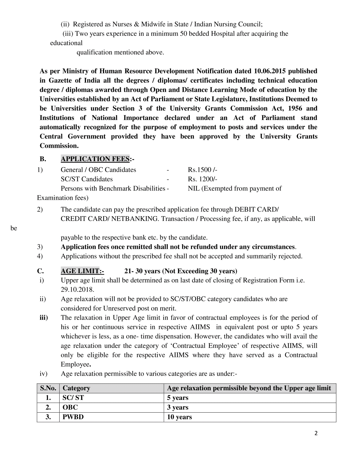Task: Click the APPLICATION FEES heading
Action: pyautogui.click(x=95, y=159)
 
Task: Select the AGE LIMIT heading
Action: pyautogui.click(x=82, y=271)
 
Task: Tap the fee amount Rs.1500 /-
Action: pyautogui.click(x=202, y=170)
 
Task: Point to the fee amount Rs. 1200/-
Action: pyautogui.click(x=202, y=179)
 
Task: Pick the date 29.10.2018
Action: pyautogui.click(x=77, y=290)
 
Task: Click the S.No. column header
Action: pyautogui.click(x=48, y=388)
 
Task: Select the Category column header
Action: pyautogui.click(x=76, y=388)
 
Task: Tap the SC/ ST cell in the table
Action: pyautogui.click(x=73, y=398)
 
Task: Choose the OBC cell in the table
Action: pyautogui.click(x=70, y=408)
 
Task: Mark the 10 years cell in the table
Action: pyautogui.click(x=179, y=417)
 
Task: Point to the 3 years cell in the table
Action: pyautogui.click(x=178, y=408)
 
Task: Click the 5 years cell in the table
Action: pyautogui.click(x=178, y=398)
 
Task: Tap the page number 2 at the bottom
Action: pyautogui.click(x=316, y=434)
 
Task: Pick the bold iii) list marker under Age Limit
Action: pyautogui.click(x=44, y=318)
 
